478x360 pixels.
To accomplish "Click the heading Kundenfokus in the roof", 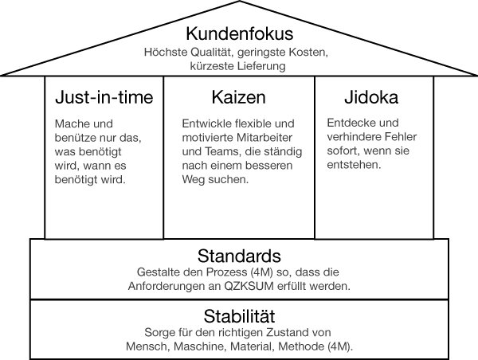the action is click(240, 33).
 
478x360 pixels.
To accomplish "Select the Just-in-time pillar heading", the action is click(104, 97).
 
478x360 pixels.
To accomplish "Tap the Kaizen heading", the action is click(239, 97).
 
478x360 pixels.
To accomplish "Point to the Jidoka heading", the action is click(371, 97).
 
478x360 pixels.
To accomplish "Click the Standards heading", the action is click(239, 256).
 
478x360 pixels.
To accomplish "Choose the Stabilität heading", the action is click(239, 316).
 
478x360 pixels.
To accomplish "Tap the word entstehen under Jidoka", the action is click(354, 165).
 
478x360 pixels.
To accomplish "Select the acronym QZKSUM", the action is click(249, 286).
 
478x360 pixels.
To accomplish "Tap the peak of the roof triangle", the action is click(240, 2).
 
